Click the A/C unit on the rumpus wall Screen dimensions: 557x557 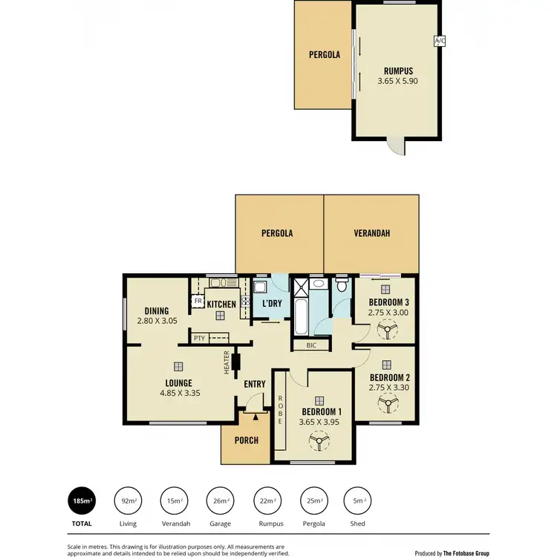439,42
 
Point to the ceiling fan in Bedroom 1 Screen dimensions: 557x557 320,443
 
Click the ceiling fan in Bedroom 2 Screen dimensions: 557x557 386,404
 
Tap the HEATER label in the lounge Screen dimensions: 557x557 227,362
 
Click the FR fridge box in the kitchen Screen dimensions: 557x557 198,302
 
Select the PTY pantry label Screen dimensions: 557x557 199,338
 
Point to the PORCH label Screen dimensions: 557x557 246,440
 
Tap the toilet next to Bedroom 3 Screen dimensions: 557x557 342,284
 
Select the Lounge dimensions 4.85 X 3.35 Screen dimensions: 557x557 179,394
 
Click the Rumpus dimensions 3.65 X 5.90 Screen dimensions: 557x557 397,81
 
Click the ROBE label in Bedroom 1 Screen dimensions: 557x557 281,410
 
